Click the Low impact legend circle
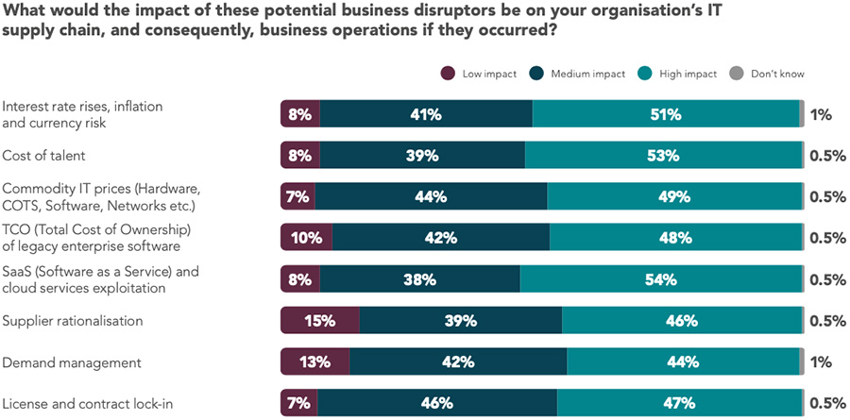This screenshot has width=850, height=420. [x=449, y=74]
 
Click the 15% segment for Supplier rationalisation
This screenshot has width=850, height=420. [x=320, y=320]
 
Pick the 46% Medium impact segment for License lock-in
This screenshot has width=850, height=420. [x=437, y=403]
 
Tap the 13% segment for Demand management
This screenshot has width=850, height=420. [x=315, y=361]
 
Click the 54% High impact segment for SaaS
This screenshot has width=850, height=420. [x=661, y=279]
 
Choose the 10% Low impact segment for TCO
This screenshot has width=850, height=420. [x=307, y=238]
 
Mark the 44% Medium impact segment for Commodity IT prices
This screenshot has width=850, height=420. [x=431, y=196]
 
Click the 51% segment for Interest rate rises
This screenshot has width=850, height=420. [x=666, y=114]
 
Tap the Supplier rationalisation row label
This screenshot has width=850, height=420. [x=73, y=320]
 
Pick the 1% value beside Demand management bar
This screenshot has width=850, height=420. [x=821, y=361]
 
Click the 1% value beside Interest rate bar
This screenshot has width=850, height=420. [x=821, y=114]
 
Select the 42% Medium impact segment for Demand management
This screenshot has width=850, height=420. [x=458, y=361]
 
